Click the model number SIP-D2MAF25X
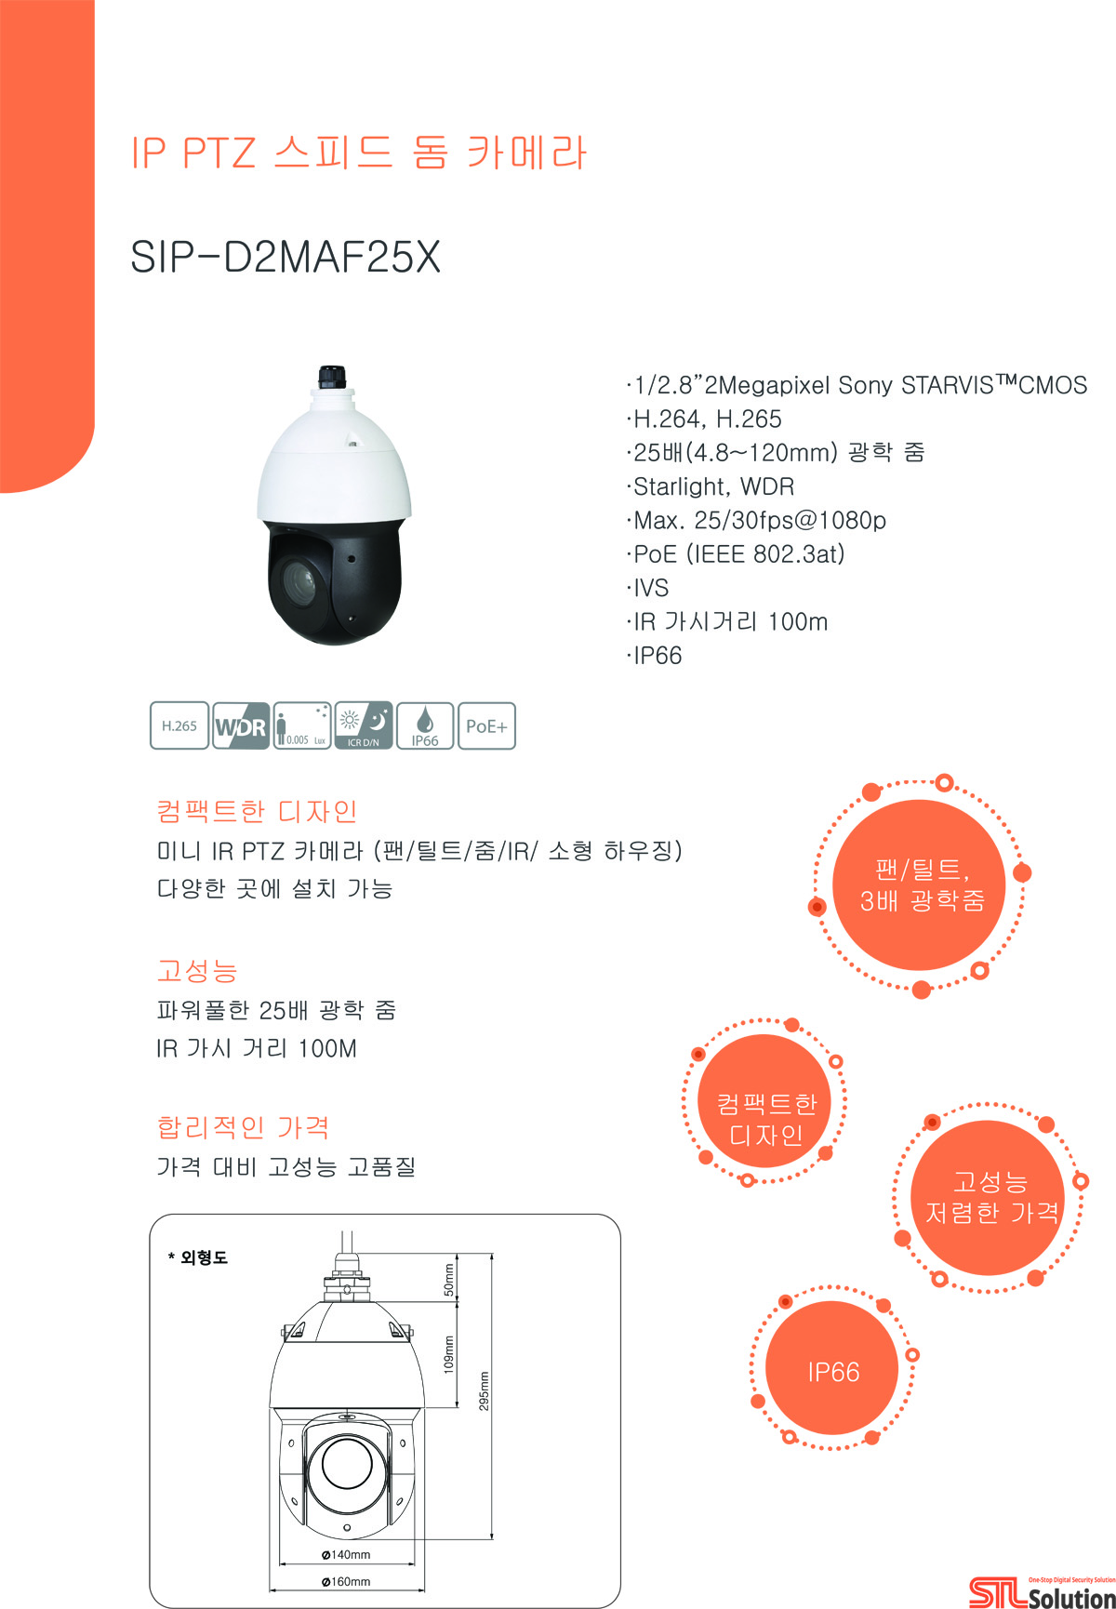(x=286, y=257)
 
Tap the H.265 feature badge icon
(x=179, y=726)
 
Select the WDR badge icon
(x=241, y=726)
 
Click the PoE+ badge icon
(x=486, y=726)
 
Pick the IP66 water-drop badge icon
(x=425, y=726)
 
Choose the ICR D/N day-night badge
(x=364, y=726)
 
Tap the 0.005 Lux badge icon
(x=302, y=726)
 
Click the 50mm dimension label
(x=449, y=1280)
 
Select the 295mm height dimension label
(x=485, y=1391)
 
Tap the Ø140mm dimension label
(x=346, y=1555)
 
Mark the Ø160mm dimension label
(x=346, y=1582)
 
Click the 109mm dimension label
(x=449, y=1355)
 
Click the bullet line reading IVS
(x=648, y=588)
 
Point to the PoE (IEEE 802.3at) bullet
(x=736, y=554)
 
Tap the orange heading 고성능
(x=197, y=971)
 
